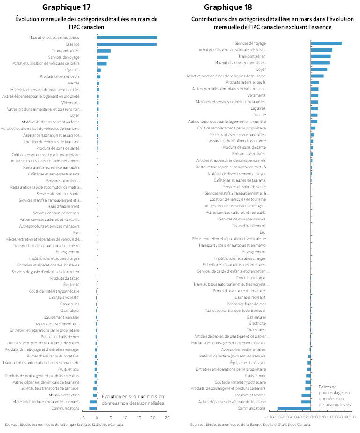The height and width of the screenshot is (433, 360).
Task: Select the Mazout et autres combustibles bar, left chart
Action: tap(127, 38)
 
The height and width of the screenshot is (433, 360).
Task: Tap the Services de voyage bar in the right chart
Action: tap(326, 43)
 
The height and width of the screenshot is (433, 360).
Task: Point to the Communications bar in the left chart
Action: tap(93, 408)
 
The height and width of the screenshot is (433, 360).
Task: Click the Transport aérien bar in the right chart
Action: tap(321, 56)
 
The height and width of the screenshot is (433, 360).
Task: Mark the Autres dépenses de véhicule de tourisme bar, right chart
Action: tap(306, 402)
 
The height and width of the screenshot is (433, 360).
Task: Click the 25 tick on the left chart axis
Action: tap(167, 417)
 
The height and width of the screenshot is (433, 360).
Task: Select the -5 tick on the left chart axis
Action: tap(82, 417)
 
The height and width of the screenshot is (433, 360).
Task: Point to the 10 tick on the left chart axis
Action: tap(125, 417)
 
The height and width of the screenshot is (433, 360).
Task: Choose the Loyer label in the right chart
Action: tap(261, 69)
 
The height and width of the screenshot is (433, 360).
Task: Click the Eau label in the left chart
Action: tap(76, 233)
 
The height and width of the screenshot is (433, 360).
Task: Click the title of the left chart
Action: tap(87, 23)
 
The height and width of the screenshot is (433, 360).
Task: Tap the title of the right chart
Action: tap(266, 23)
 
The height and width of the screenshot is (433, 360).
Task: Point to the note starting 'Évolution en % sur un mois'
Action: tap(133, 399)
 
